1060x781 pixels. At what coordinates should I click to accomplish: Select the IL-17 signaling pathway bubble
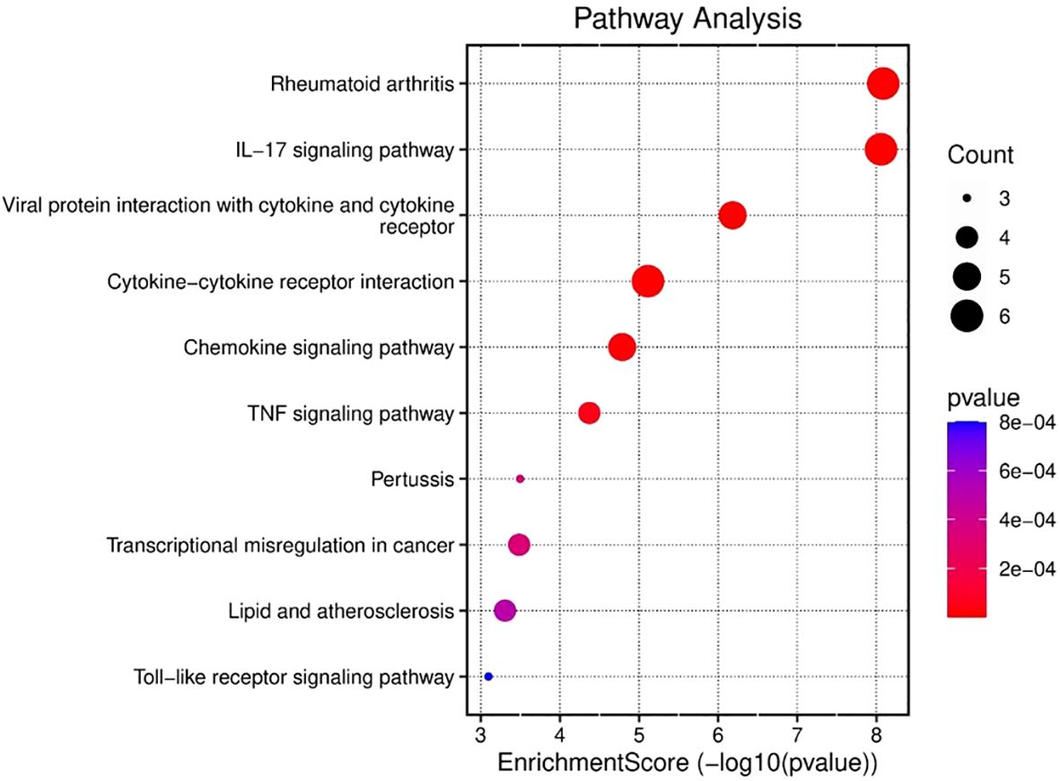pos(880,149)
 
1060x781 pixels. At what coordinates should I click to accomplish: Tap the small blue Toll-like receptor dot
pos(488,676)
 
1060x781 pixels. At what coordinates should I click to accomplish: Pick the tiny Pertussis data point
pos(520,479)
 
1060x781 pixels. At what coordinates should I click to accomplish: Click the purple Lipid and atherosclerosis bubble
pos(504,610)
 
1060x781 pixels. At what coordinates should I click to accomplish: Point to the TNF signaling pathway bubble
pos(589,413)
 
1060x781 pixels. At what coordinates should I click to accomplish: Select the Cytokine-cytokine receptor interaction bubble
pos(647,282)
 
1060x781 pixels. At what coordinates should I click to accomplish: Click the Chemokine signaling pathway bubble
pos(622,347)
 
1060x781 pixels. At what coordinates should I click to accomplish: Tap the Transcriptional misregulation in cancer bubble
pos(519,544)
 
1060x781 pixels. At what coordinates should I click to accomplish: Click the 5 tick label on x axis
pos(638,733)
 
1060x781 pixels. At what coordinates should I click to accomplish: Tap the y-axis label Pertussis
pos(411,479)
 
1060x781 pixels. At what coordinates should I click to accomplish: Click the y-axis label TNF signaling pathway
pos(350,414)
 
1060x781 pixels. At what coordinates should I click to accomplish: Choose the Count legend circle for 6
pos(966,316)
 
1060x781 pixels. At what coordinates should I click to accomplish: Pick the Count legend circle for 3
pos(966,198)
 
